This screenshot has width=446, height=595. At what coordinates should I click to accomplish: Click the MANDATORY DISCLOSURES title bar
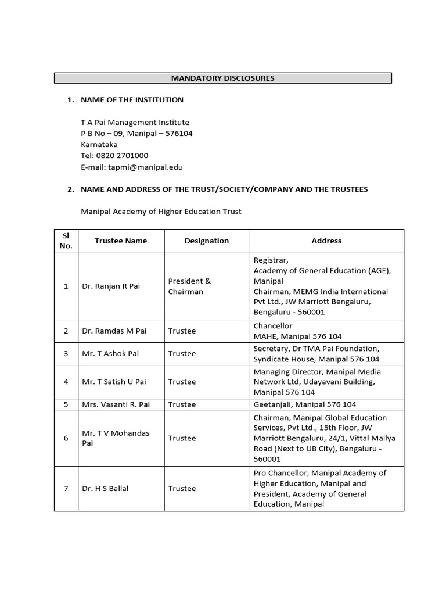pos(223,78)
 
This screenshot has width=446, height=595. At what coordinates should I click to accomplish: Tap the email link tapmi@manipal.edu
pos(145,167)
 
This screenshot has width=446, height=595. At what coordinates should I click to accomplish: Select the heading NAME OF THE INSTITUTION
pos(132,99)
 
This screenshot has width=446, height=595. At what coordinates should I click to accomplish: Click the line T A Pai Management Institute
pos(135,123)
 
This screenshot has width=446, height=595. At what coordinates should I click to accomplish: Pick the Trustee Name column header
pos(121,241)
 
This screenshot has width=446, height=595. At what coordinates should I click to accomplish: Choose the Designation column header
pos(207,241)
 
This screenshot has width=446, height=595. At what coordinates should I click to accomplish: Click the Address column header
pos(326,241)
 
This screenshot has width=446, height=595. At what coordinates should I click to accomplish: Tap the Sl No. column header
pos(66,241)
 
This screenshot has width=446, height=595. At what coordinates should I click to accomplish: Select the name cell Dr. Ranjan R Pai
pos(111,286)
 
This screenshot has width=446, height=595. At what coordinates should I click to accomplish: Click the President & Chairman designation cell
pos(189,286)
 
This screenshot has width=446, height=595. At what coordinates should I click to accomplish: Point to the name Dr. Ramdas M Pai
pos(114,331)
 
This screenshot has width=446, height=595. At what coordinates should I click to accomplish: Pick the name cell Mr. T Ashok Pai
pos(110,353)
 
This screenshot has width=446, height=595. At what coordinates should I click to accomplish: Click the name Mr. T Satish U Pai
pos(114,382)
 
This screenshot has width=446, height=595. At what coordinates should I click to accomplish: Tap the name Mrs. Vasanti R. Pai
pos(116,404)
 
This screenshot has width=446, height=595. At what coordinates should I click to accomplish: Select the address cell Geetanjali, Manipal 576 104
pos(305,404)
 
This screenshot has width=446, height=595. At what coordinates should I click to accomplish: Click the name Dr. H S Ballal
pos(105,488)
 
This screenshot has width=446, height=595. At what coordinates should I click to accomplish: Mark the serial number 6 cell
pos(66,438)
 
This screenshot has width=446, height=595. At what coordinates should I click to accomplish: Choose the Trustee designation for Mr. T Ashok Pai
pos(182,353)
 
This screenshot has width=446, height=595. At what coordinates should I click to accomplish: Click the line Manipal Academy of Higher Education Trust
pos(161,212)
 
